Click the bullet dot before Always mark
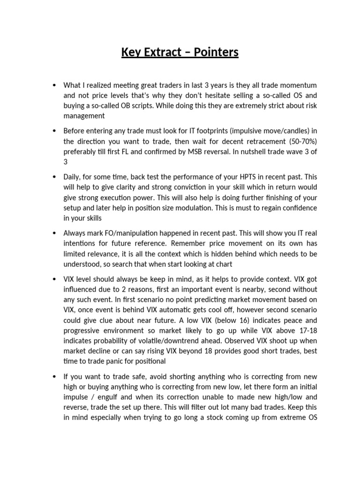tap(54, 233)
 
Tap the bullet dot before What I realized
tap(54, 85)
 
